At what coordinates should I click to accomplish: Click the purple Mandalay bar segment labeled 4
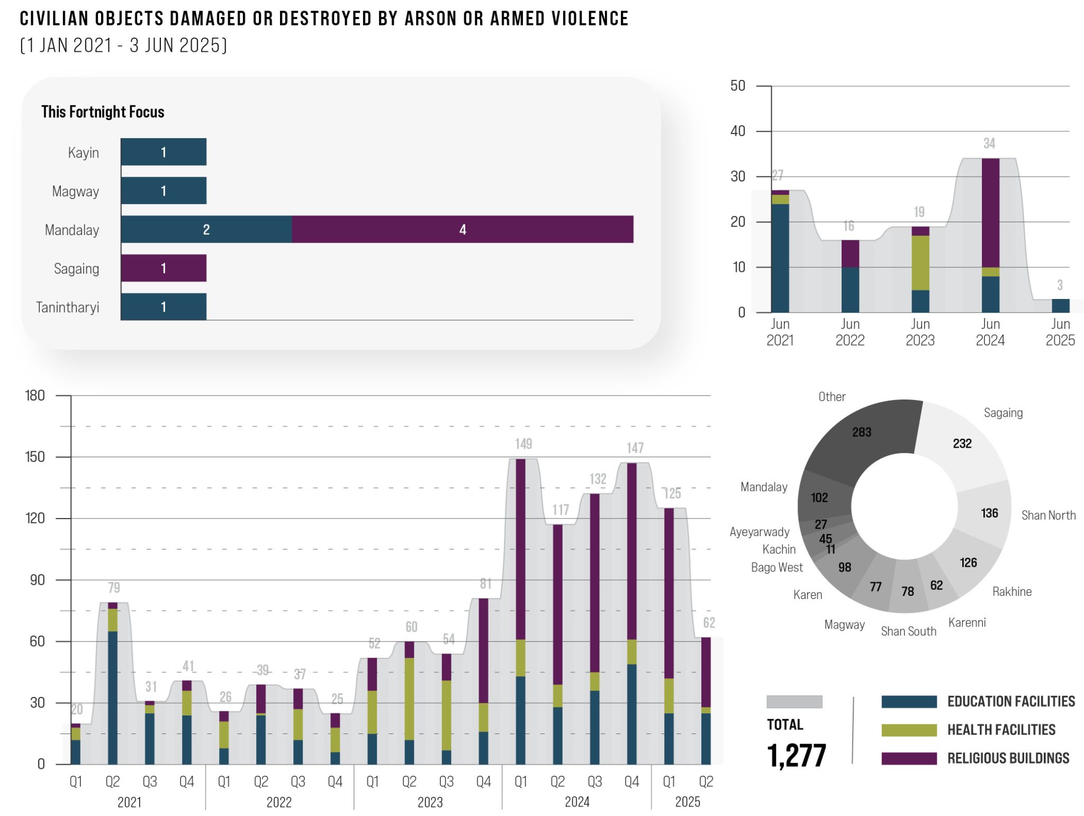click(462, 229)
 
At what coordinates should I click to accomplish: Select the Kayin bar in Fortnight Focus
click(164, 152)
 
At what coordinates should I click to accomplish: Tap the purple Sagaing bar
click(164, 268)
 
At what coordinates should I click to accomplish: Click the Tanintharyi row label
click(67, 307)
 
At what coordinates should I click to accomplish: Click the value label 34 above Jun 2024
click(989, 143)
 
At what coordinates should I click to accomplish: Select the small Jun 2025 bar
click(1060, 306)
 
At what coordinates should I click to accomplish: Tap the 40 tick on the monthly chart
click(738, 131)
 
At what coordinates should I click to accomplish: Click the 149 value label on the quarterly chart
click(523, 444)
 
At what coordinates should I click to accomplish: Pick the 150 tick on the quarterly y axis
click(35, 457)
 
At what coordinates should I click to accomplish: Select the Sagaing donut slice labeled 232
click(962, 443)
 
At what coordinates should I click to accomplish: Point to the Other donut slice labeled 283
click(862, 432)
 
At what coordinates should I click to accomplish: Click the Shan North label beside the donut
click(1048, 515)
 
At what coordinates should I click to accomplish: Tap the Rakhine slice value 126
click(968, 563)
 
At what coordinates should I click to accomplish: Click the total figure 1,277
click(797, 755)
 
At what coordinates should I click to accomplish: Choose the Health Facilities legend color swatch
click(909, 730)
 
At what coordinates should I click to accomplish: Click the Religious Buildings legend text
click(1008, 758)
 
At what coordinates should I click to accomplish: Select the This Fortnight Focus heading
click(103, 112)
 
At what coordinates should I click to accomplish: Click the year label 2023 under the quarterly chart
click(430, 802)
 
